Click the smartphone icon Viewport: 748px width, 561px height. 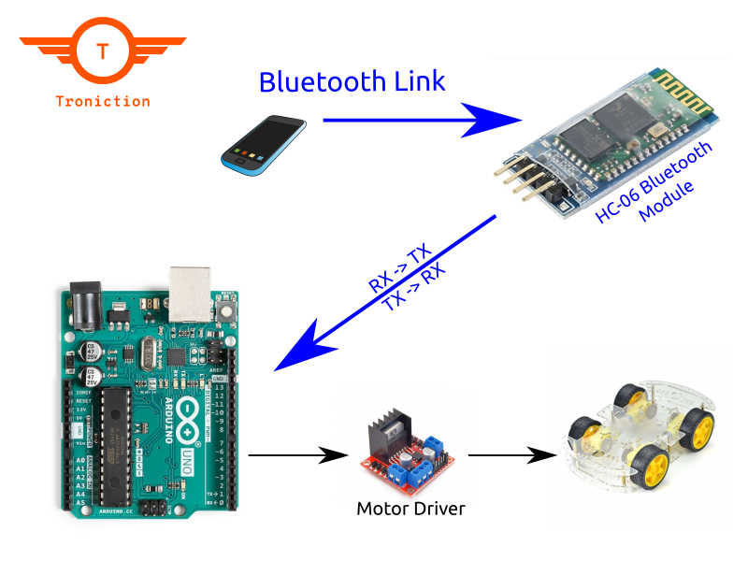[263, 143]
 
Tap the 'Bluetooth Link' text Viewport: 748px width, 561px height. [352, 81]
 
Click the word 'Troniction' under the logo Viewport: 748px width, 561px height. [102, 101]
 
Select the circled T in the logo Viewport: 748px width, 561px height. [102, 52]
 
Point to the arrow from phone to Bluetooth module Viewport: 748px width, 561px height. [421, 121]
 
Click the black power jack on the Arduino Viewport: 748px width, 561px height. [82, 305]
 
